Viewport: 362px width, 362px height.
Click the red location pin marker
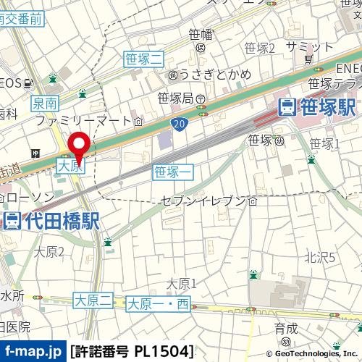point(78,143)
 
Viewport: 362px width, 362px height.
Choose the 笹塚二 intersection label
point(144,59)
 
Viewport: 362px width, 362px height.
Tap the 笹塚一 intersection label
point(173,172)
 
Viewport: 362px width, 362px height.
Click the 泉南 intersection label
point(44,104)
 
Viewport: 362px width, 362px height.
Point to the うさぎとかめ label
point(204,75)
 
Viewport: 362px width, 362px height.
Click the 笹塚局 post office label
point(181,98)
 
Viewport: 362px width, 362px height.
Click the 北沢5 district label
point(319,256)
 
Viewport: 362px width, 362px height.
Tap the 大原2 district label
point(49,251)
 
